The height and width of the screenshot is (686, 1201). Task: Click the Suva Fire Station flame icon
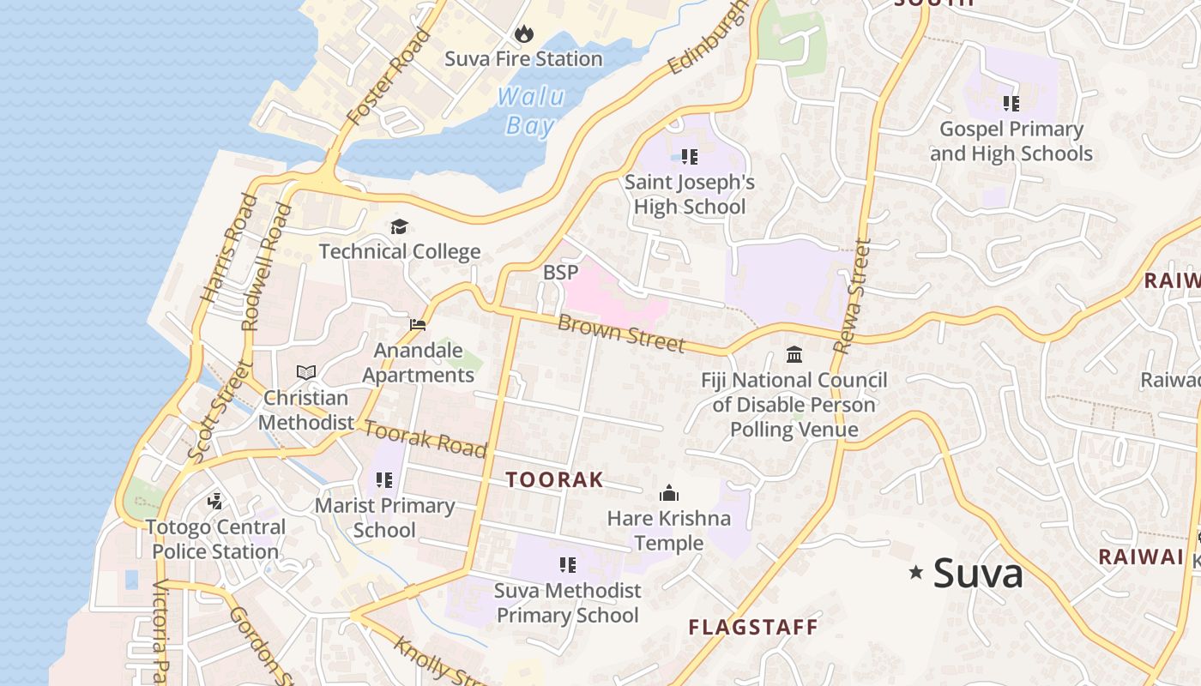(x=523, y=34)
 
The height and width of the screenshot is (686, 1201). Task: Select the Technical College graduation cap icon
(x=399, y=227)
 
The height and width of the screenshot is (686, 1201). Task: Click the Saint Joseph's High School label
(x=690, y=195)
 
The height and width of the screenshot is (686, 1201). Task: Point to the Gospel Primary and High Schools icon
(x=1011, y=104)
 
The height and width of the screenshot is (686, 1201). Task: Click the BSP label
(x=561, y=273)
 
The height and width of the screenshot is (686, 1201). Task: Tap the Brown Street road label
(x=621, y=333)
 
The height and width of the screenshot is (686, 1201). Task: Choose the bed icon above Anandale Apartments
(x=418, y=325)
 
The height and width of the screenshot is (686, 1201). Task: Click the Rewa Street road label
(x=853, y=296)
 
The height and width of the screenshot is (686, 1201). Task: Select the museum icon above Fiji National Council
(x=794, y=354)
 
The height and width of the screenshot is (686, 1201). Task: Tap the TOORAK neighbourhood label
(x=554, y=480)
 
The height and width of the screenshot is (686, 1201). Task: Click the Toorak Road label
(x=425, y=438)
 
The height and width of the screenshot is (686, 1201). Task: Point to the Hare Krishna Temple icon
(x=668, y=493)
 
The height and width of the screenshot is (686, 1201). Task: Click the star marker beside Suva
(x=916, y=572)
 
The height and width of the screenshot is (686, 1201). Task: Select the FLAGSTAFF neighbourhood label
(x=753, y=628)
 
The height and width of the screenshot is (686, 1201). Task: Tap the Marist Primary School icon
(x=384, y=480)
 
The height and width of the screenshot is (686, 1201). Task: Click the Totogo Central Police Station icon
(x=215, y=501)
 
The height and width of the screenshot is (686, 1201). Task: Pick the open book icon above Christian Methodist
(x=306, y=372)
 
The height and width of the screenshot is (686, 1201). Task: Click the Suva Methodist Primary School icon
(x=567, y=564)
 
